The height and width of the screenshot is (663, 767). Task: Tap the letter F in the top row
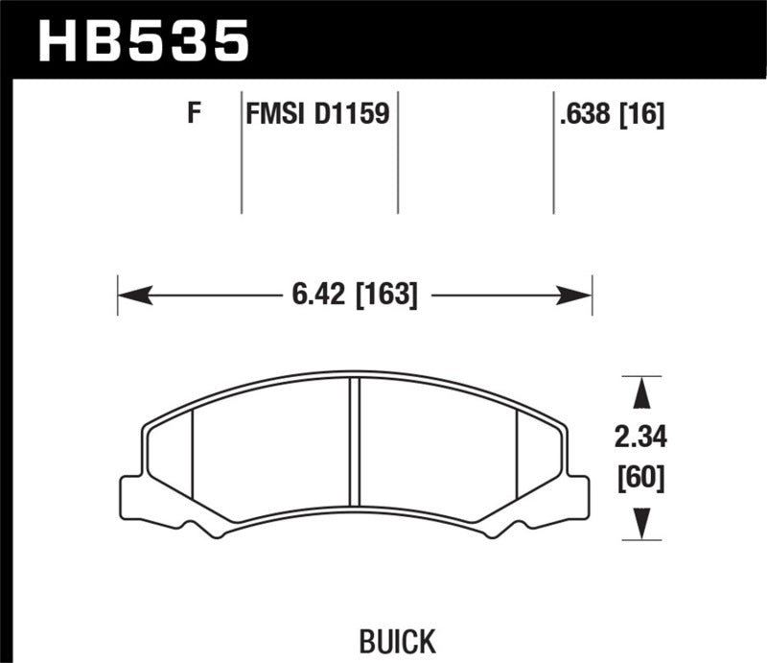194,115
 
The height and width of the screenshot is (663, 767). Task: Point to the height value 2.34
639,438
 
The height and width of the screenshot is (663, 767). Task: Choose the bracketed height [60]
639,477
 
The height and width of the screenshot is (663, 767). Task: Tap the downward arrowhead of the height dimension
639,524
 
